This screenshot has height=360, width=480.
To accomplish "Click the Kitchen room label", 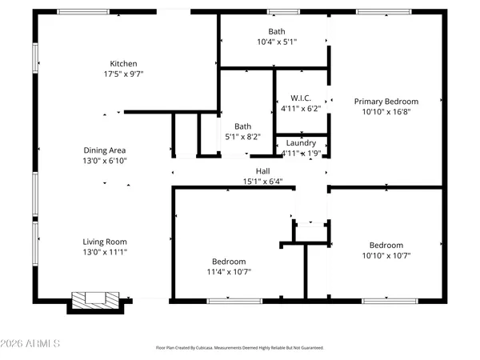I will tap(124, 64).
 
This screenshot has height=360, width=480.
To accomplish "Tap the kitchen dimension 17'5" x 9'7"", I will tap(124, 74).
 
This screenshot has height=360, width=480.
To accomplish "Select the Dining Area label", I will tap(106, 150).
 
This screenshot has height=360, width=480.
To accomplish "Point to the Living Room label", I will tap(106, 242).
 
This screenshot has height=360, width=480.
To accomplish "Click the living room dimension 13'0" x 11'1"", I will tap(106, 252).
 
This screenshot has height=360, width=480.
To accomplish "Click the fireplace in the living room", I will tap(94, 300).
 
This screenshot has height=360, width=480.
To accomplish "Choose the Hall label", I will tap(262, 170).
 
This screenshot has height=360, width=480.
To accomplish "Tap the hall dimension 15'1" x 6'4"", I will tap(262, 181).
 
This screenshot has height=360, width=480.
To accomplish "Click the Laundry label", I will tap(301, 142).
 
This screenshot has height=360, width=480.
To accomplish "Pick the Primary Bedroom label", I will tap(386, 102).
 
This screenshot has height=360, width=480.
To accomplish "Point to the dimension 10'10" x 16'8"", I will tap(386, 112).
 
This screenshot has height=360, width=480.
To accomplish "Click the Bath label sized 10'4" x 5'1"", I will tap(277, 31).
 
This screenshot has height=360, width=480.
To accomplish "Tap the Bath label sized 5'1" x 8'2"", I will tap(243, 126).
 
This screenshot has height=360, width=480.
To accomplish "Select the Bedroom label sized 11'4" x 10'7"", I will tap(229, 262).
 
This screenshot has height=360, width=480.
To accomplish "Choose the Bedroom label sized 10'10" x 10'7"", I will tap(386, 246).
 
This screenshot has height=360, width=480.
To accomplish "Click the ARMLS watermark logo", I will tap(33, 344).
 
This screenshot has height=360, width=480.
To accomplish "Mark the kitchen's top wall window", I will tap(84, 12).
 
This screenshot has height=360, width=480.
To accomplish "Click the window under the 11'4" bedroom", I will tap(229, 300).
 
